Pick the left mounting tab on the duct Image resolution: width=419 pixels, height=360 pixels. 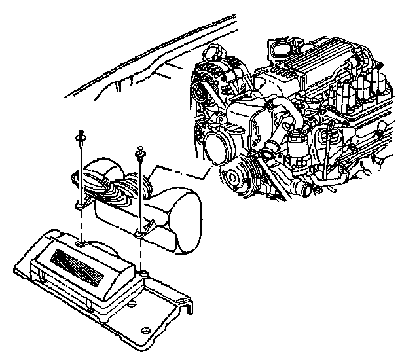80,204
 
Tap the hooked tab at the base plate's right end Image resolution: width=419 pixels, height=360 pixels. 189,305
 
